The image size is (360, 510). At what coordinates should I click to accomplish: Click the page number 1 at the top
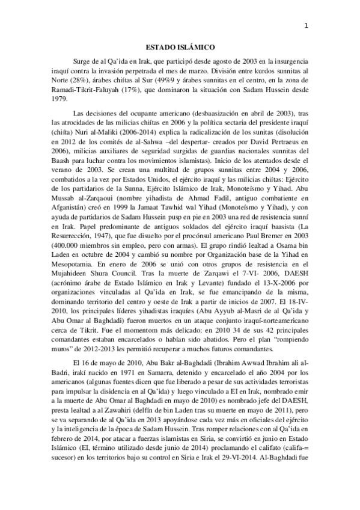click(x=307, y=25)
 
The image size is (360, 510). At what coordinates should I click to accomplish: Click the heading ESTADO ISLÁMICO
click(x=181, y=46)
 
